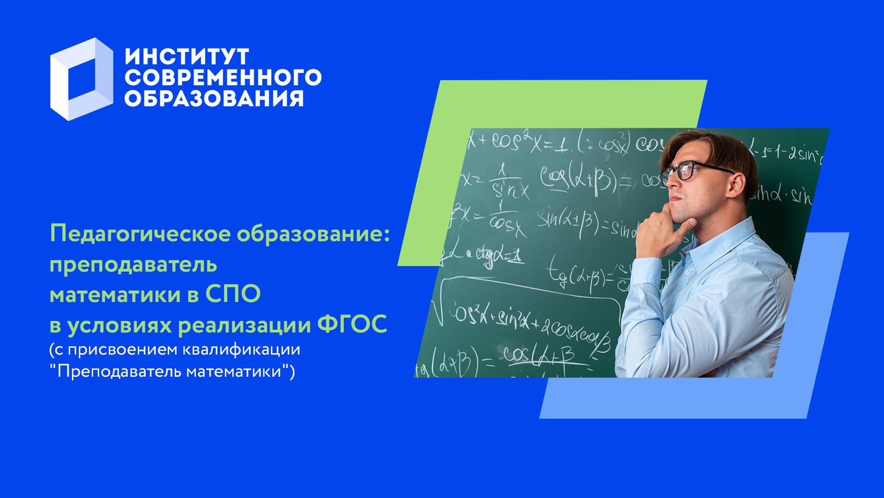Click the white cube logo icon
[x=81, y=79]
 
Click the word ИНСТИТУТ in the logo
[x=187, y=57]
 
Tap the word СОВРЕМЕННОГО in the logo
[x=223, y=77]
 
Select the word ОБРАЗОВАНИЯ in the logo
[x=214, y=98]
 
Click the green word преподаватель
[x=133, y=265]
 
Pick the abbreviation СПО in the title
[x=233, y=295]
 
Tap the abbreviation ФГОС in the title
[x=352, y=325]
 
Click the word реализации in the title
[x=245, y=325]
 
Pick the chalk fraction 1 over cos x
[x=504, y=217]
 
